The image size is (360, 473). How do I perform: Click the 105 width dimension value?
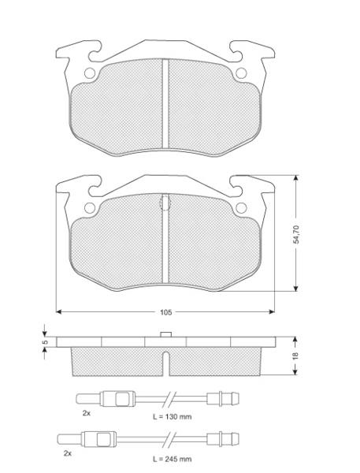166,312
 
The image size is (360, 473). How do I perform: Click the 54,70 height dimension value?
296,234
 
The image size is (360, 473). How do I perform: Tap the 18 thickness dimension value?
295,356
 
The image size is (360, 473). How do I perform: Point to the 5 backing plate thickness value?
45,342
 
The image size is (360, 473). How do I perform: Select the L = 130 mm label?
173,417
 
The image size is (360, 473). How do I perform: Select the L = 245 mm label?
173,460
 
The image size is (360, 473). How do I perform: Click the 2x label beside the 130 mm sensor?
87,413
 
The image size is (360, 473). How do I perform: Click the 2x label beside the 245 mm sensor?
68,453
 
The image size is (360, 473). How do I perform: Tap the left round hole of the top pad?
90,73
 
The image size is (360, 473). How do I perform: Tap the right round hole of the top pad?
241,73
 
